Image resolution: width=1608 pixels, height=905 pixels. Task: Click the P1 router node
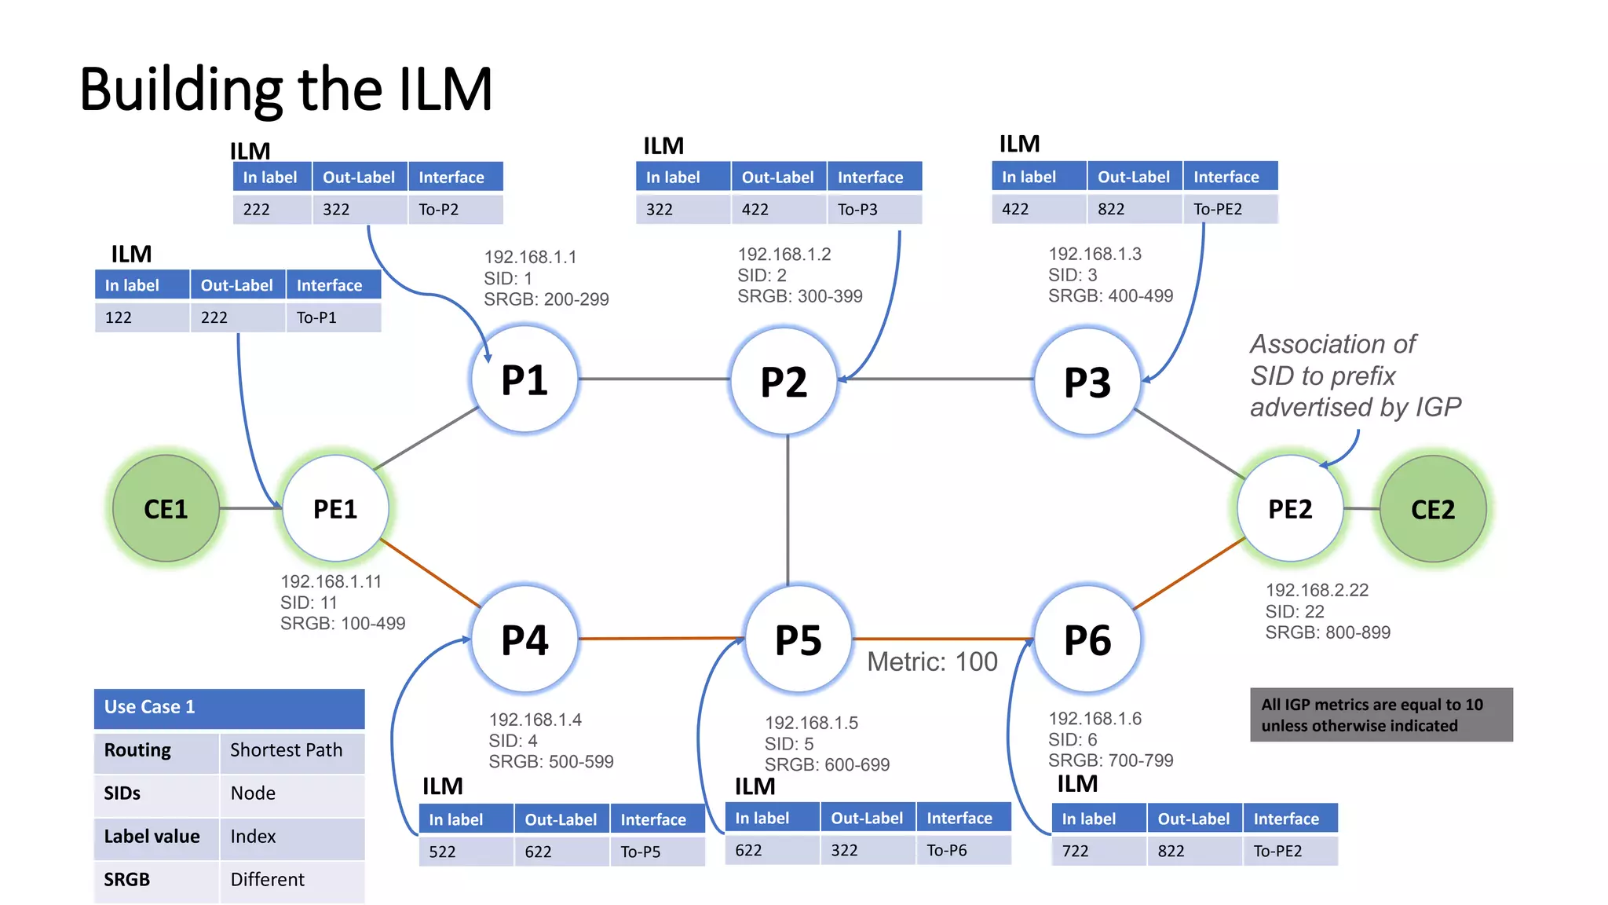tap(524, 380)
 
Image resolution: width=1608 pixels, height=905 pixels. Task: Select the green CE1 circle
tap(166, 508)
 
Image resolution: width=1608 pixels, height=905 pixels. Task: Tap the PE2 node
tap(1290, 508)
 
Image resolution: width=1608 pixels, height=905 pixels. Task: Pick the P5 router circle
tap(798, 639)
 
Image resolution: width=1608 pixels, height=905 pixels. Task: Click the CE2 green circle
tap(1433, 509)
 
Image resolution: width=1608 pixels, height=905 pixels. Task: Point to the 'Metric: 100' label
tap(932, 661)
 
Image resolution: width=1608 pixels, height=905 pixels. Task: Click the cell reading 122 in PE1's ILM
tap(141, 317)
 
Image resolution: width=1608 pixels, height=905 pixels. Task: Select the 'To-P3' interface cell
tap(873, 210)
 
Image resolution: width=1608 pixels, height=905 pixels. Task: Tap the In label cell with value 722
tap(1098, 851)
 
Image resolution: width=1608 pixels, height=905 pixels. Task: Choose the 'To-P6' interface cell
tap(963, 850)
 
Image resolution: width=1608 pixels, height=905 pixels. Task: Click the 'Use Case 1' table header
tap(229, 707)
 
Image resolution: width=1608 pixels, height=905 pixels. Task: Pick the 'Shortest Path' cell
tap(291, 750)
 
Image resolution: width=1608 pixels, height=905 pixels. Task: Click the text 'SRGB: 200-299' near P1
tap(546, 299)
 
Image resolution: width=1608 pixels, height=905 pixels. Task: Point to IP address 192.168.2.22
tap(1317, 590)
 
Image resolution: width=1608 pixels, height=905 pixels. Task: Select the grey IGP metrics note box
tap(1381, 715)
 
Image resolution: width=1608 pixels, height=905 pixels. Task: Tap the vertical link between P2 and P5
tap(788, 511)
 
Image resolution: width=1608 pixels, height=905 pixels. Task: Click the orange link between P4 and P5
tap(661, 639)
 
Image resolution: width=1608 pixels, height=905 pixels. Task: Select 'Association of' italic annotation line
tap(1332, 344)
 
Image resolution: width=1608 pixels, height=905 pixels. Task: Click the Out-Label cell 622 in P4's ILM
tap(561, 852)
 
